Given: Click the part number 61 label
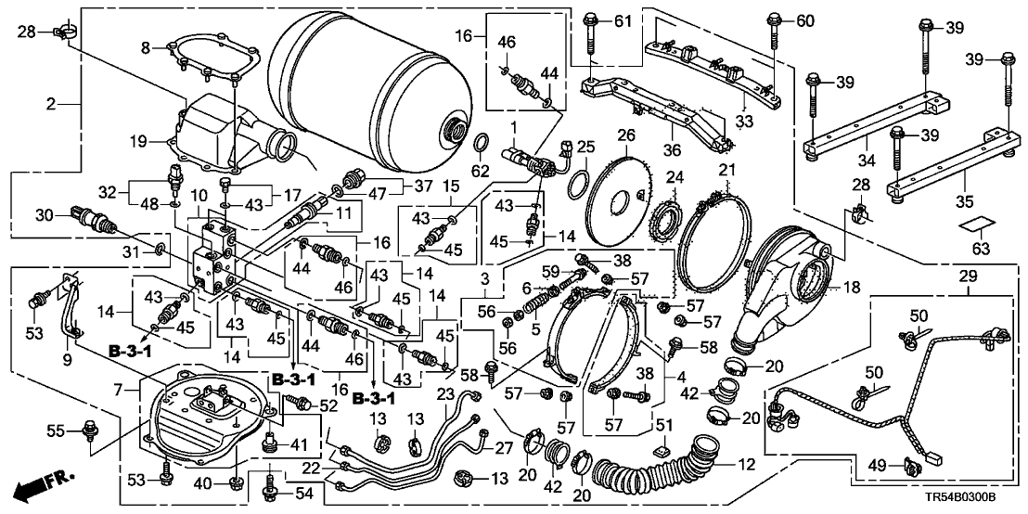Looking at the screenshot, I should pyautogui.click(x=621, y=21).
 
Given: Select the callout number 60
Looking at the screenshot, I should pyautogui.click(x=803, y=20).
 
